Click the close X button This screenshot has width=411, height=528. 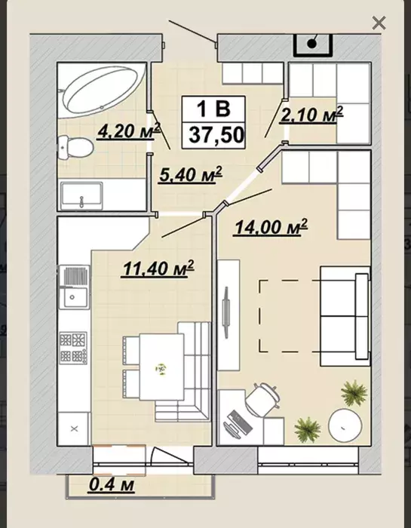click(x=379, y=23)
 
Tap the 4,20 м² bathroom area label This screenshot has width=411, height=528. click(x=129, y=130)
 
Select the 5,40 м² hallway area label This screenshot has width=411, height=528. click(x=191, y=174)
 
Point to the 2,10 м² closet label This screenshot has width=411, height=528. click(x=311, y=115)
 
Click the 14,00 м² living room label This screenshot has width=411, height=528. click(x=271, y=227)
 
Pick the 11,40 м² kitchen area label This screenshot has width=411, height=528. click(x=158, y=269)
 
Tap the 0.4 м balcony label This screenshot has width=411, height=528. click(x=112, y=485)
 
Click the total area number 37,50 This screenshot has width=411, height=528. click(x=216, y=135)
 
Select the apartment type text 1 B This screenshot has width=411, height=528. click(x=213, y=109)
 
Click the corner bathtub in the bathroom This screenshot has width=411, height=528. click(x=102, y=91)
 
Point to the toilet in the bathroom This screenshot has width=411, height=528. click(x=75, y=148)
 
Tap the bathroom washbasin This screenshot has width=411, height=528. click(x=81, y=195)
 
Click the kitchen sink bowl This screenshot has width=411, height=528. click(x=75, y=297)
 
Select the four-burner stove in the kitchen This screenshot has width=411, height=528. click(x=74, y=348)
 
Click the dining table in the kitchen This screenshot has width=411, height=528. click(x=161, y=367)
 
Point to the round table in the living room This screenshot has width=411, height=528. click(x=345, y=425)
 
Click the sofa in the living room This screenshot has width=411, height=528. click(x=345, y=316)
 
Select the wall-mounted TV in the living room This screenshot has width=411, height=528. click(x=225, y=312)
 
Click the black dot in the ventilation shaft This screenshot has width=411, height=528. click(x=312, y=44)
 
